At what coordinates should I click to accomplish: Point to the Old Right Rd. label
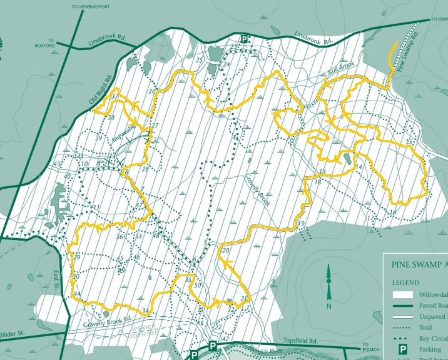pyautogui.click(x=99, y=88)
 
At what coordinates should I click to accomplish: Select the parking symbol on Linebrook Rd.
pyautogui.click(x=245, y=39)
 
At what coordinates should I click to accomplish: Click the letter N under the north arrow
pyautogui.click(x=328, y=306)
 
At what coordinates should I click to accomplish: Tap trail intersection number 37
pyautogui.click(x=115, y=97)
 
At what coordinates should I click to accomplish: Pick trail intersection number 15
pyautogui.click(x=409, y=142)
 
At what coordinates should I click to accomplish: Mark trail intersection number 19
pyautogui.click(x=300, y=224)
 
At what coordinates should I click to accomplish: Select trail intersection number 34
pyautogui.click(x=146, y=311)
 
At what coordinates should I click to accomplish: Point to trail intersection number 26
pyautogui.click(x=151, y=91)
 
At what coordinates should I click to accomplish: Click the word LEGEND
pyautogui.click(x=406, y=282)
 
